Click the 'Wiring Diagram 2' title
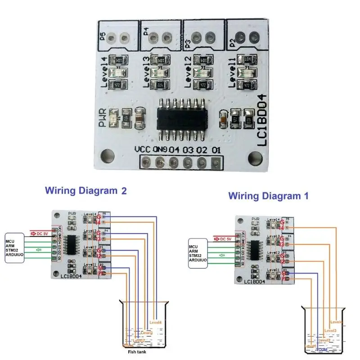coord(85,190)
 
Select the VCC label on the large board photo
coord(142,149)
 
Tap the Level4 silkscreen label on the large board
coord(104,72)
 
